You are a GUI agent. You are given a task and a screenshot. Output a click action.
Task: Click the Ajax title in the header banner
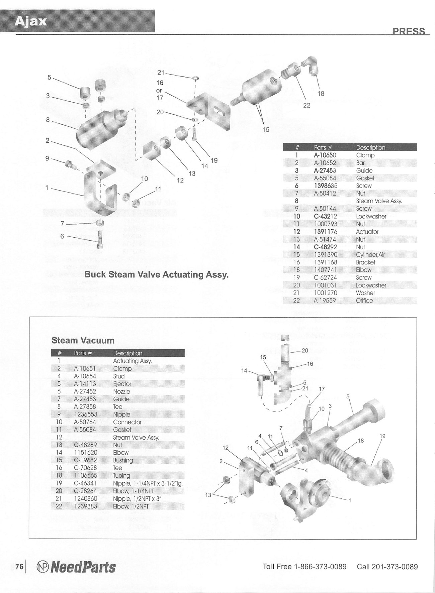[31, 21]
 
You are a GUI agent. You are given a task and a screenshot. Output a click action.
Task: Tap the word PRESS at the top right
[409, 31]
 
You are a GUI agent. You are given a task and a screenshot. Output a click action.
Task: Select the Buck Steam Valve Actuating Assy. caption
[156, 275]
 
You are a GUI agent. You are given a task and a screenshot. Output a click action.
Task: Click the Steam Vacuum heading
[83, 341]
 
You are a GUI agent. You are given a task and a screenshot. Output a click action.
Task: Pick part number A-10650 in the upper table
[325, 155]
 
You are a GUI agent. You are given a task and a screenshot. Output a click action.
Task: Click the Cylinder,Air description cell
[370, 255]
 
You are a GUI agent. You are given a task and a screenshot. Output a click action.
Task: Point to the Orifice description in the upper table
[364, 301]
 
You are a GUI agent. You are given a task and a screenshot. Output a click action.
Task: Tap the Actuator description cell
[367, 232]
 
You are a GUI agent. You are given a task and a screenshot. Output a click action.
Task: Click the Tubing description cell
[121, 475]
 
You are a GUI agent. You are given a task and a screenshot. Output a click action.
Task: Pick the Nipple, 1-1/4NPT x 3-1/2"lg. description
[148, 483]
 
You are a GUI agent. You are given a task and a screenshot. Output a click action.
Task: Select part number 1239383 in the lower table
[86, 506]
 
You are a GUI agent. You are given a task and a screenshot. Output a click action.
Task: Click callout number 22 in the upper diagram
[307, 106]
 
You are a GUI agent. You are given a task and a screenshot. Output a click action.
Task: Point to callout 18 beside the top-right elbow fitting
[321, 94]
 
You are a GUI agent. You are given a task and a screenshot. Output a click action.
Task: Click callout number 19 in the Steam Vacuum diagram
[382, 436]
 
